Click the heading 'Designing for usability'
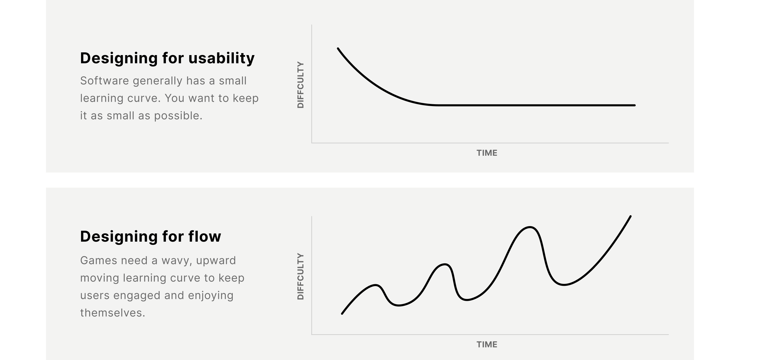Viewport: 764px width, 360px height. click(167, 58)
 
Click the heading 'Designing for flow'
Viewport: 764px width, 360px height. click(150, 237)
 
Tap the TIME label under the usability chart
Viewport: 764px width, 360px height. click(487, 153)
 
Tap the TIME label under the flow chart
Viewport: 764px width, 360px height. click(487, 344)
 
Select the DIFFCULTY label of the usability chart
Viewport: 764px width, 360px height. click(300, 85)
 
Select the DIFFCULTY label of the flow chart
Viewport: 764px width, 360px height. click(300, 276)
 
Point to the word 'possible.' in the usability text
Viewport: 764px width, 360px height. click(178, 116)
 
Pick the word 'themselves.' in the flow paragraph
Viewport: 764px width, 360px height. click(112, 313)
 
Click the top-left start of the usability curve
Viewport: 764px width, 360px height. click(338, 48)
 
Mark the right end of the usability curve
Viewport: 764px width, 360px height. click(634, 105)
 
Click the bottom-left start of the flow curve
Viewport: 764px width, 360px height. click(342, 313)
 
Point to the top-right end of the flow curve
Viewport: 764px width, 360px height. click(630, 217)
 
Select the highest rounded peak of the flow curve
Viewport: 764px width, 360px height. click(530, 227)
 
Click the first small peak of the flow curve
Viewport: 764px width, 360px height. click(376, 285)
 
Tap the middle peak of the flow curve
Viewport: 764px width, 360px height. click(444, 264)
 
